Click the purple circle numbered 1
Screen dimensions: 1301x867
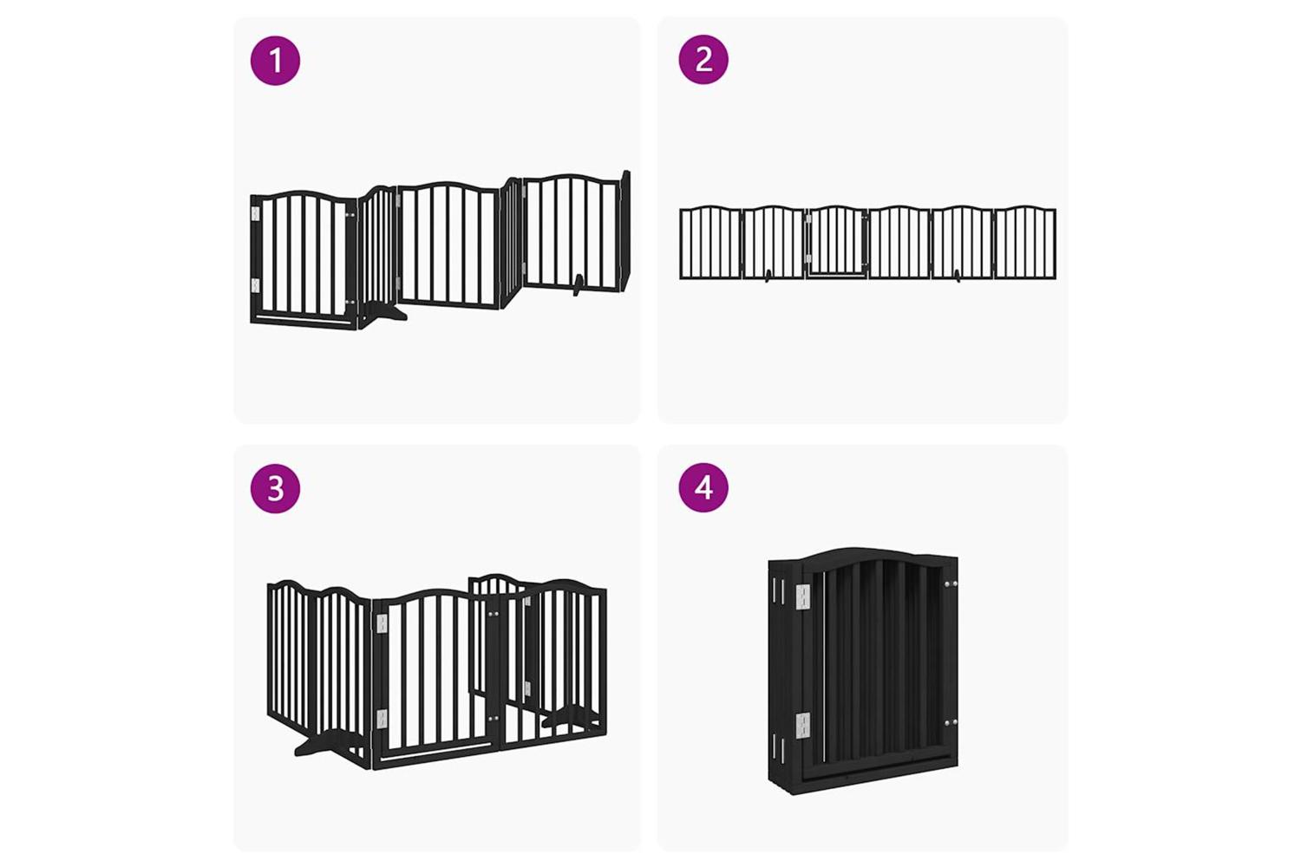pyautogui.click(x=275, y=61)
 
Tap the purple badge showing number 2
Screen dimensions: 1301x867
pyautogui.click(x=703, y=59)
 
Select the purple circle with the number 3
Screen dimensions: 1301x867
pyautogui.click(x=275, y=488)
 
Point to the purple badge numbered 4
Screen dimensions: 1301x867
pyautogui.click(x=703, y=487)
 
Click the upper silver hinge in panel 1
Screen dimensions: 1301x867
pyautogui.click(x=254, y=213)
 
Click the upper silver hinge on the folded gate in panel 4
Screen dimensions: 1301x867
pyautogui.click(x=802, y=599)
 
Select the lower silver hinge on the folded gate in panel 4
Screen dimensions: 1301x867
pyautogui.click(x=802, y=727)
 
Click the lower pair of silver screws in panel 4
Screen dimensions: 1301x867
pyautogui.click(x=951, y=723)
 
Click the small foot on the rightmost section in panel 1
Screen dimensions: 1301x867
pyautogui.click(x=577, y=286)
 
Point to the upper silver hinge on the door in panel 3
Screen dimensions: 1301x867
pyautogui.click(x=382, y=623)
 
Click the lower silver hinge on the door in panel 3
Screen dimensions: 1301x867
pyautogui.click(x=382, y=719)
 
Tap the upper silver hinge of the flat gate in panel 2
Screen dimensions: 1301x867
pyautogui.click(x=807, y=218)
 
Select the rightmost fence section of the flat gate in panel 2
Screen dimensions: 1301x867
pyautogui.click(x=1025, y=242)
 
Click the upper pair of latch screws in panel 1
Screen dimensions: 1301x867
pyautogui.click(x=350, y=215)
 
